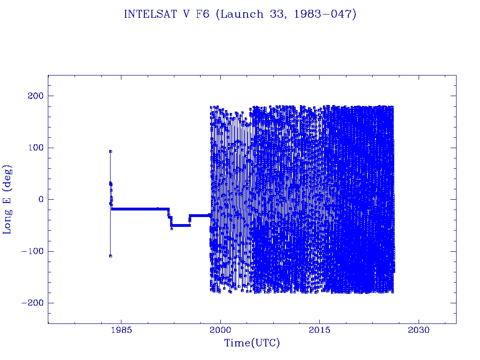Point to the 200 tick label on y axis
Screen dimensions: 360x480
pyautogui.click(x=33, y=96)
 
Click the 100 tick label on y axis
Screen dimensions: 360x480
pyautogui.click(x=33, y=148)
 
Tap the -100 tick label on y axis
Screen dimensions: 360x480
pyautogui.click(x=31, y=251)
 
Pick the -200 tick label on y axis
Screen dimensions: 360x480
pyautogui.click(x=31, y=303)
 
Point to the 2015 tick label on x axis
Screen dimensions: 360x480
pyautogui.click(x=320, y=330)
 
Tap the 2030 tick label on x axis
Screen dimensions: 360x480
pyautogui.click(x=419, y=330)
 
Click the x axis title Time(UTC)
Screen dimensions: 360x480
pyautogui.click(x=252, y=343)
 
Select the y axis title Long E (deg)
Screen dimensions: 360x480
pyautogui.click(x=7, y=199)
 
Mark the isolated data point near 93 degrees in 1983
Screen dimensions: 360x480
pyautogui.click(x=110, y=151)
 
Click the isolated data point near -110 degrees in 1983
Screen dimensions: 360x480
pyautogui.click(x=110, y=256)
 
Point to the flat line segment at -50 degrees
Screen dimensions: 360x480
pyautogui.click(x=180, y=225)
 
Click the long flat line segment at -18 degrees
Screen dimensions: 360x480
pyautogui.click(x=141, y=209)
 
